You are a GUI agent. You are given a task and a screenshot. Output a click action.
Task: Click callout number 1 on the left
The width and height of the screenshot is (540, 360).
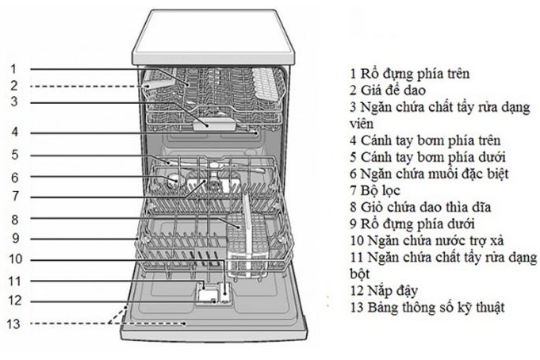pos(13,68)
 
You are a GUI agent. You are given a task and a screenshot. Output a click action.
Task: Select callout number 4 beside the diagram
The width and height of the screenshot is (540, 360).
pos(13,132)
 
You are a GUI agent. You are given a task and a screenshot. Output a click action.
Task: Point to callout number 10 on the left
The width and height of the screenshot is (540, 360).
pos(15,259)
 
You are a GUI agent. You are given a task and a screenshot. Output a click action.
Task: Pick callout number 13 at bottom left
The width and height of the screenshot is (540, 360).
pos(15,324)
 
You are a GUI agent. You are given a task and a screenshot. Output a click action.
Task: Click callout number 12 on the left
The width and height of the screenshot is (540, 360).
pos(15,301)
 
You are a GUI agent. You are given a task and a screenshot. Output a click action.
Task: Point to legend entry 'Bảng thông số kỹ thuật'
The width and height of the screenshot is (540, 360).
pos(426,307)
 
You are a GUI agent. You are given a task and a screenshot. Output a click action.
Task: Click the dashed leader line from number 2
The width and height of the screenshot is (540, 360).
pos(87,86)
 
